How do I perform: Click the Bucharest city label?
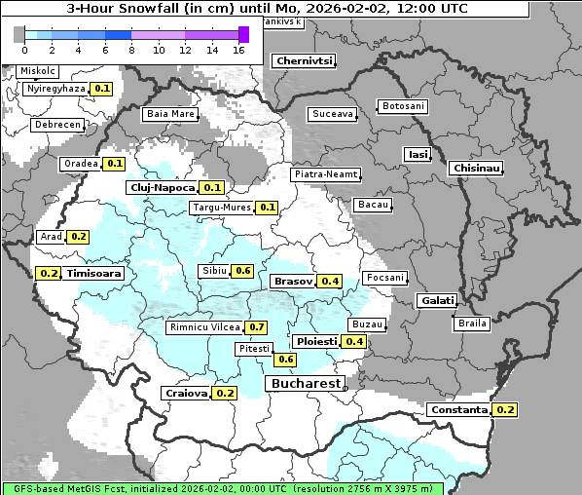click(x=306, y=384)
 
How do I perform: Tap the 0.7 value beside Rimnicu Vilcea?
click(x=256, y=327)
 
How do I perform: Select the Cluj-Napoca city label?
click(x=163, y=187)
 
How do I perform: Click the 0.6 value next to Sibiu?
click(x=243, y=271)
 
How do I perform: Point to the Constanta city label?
click(x=458, y=410)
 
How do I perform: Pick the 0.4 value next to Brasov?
click(x=330, y=282)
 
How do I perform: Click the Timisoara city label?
click(x=94, y=274)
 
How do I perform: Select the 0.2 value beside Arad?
click(x=79, y=237)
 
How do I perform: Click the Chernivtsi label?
click(x=305, y=60)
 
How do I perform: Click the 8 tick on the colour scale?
click(x=132, y=50)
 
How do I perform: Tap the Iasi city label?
click(x=418, y=154)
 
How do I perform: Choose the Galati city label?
click(x=437, y=300)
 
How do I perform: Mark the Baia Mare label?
click(x=170, y=114)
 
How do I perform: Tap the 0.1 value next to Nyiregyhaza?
click(x=103, y=89)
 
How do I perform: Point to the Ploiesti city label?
click(x=317, y=342)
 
